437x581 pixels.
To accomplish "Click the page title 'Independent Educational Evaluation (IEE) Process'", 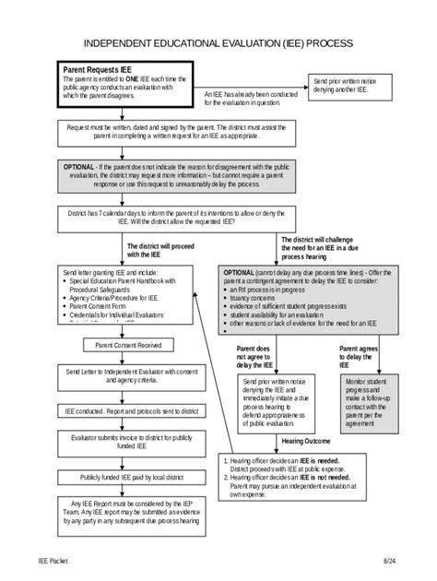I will click(218, 43).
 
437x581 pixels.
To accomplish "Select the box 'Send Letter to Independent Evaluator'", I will click(128, 376).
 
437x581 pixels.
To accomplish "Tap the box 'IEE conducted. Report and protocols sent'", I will click(128, 411).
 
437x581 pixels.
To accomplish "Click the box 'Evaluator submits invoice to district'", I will click(128, 445).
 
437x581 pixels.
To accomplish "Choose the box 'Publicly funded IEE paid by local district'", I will click(128, 478).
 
